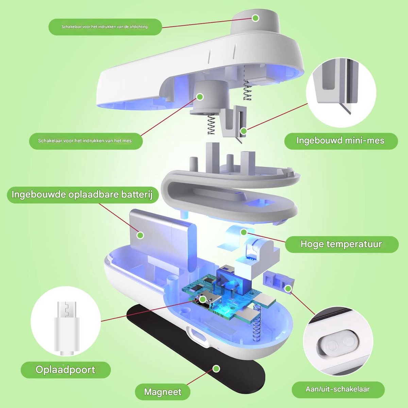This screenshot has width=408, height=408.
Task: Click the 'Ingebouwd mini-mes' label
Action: point(340,141)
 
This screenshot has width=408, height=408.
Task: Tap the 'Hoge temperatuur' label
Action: point(341,244)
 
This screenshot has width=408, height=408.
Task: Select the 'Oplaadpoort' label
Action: point(65,370)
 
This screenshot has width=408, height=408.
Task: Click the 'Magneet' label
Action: point(163,392)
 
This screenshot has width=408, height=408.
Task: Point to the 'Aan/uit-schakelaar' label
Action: point(338,389)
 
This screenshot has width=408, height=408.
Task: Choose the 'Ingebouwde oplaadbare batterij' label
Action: point(82,194)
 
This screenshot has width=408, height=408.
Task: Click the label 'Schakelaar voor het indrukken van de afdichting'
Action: point(105,27)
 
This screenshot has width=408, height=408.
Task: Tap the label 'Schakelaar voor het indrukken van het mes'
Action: point(85,141)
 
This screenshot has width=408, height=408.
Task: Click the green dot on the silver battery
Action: point(140,235)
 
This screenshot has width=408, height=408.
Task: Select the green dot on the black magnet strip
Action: point(216,369)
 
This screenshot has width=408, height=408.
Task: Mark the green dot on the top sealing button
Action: point(256,18)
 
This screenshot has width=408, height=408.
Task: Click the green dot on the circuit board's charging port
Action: point(203,300)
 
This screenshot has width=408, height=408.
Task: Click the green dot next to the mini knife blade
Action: point(244,131)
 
